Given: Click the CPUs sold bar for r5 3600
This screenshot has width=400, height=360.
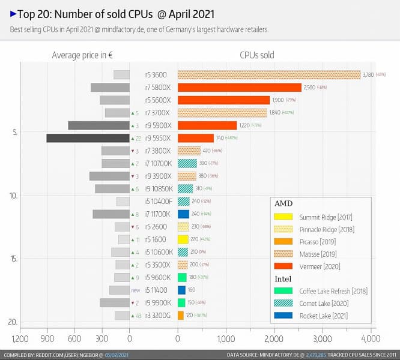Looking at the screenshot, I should click(269, 75).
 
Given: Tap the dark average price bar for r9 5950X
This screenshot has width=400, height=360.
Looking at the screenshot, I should click(88, 138).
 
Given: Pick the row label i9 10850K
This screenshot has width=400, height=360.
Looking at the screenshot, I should click(159, 189).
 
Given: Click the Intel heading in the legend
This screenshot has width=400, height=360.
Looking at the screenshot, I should click(283, 279).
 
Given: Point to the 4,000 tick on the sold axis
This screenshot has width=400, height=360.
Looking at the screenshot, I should click(371, 338).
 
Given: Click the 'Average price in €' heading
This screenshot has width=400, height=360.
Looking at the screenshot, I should click(83, 55).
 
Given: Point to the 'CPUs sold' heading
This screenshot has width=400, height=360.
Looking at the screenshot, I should click(256, 55).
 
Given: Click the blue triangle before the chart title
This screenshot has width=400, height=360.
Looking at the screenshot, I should click(13, 13).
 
